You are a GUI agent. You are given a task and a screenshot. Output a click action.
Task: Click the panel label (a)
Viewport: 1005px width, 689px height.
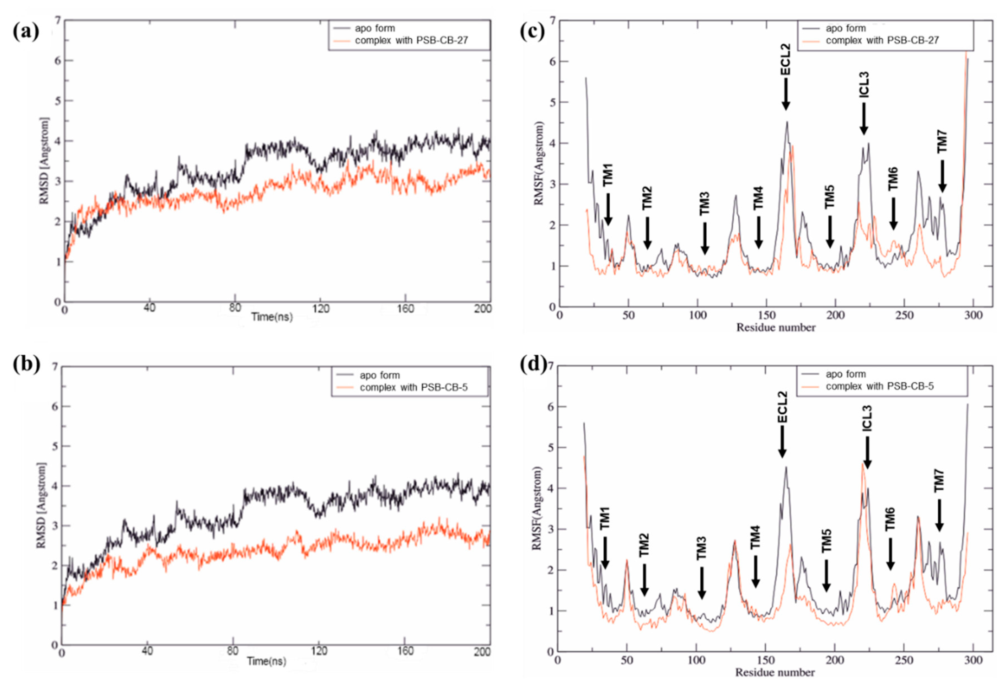[x=26, y=32]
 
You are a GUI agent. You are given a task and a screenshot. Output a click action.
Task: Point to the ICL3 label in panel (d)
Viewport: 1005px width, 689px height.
[x=867, y=418]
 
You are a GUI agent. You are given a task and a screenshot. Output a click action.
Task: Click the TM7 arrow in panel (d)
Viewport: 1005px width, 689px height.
[x=939, y=516]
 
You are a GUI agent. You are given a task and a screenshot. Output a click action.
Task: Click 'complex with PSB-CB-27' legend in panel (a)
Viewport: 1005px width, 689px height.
[x=411, y=41]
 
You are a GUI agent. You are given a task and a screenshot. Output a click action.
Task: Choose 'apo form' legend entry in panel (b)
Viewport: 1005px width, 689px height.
[x=380, y=375]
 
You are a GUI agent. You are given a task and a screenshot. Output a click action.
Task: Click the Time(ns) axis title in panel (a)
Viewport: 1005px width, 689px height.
[x=272, y=317]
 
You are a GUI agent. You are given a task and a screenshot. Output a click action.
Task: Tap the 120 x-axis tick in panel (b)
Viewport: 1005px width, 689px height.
[x=320, y=651]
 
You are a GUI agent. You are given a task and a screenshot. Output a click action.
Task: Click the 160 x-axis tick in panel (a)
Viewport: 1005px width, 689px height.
[x=405, y=309]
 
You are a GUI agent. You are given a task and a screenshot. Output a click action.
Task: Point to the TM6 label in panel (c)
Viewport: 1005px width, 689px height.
[x=893, y=178]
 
